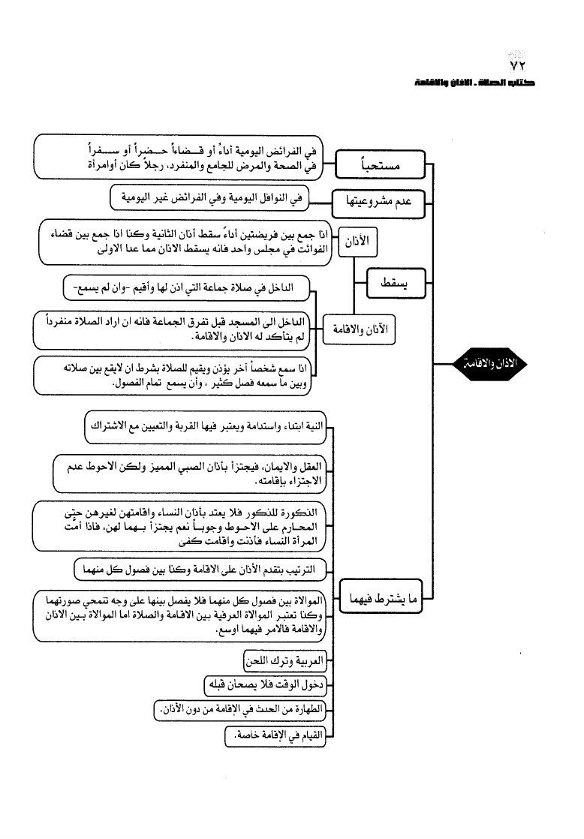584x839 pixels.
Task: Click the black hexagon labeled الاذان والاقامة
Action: (x=490, y=364)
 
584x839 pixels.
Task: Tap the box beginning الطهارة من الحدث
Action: (x=240, y=709)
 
